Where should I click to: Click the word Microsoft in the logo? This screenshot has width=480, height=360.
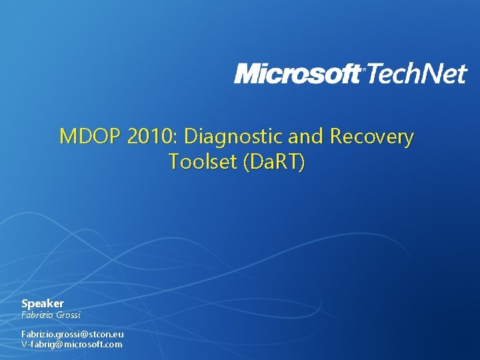297,74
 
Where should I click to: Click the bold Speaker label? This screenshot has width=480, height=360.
43,303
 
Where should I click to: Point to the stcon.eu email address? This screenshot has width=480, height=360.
72,333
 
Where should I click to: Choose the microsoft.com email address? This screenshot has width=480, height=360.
72,344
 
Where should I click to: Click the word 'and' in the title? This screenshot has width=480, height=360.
304,137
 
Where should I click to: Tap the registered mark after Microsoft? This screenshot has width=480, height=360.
363,69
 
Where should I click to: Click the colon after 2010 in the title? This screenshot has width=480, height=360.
179,138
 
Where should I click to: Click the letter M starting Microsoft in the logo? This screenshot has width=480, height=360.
247,74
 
